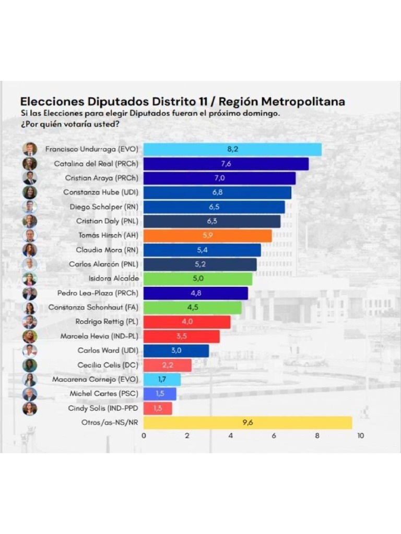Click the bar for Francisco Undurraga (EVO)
click(232, 149)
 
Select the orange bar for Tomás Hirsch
click(207, 236)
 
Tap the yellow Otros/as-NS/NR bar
click(247, 423)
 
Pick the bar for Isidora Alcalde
click(198, 279)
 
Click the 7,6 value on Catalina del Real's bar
click(226, 164)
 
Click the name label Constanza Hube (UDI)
click(101, 192)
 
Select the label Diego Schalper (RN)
click(104, 207)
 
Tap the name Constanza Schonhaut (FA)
click(93, 308)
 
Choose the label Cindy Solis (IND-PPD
click(103, 408)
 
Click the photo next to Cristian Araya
click(30, 178)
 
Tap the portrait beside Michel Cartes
click(30, 394)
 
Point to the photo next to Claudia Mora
click(30, 250)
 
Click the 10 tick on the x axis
click(360, 436)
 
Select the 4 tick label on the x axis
click(230, 436)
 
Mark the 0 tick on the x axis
click(144, 436)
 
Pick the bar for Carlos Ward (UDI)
click(176, 351)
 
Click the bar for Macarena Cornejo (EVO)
click(162, 380)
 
